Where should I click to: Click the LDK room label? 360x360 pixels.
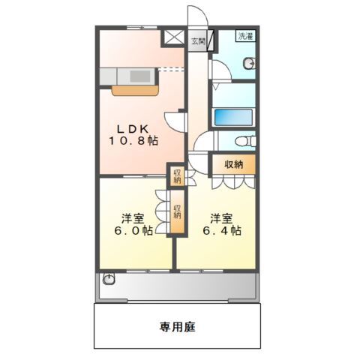131,127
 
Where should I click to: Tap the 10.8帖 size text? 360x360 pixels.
131,140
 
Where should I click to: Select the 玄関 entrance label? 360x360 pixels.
196,40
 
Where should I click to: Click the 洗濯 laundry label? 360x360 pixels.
244,36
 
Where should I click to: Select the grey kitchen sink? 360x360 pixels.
139,76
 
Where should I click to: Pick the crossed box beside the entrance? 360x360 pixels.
173,36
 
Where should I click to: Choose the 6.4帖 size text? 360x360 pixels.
221,232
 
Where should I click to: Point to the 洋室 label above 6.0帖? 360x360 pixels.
133,218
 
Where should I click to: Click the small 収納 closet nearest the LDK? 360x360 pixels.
177,177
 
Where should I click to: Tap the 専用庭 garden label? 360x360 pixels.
177,326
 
